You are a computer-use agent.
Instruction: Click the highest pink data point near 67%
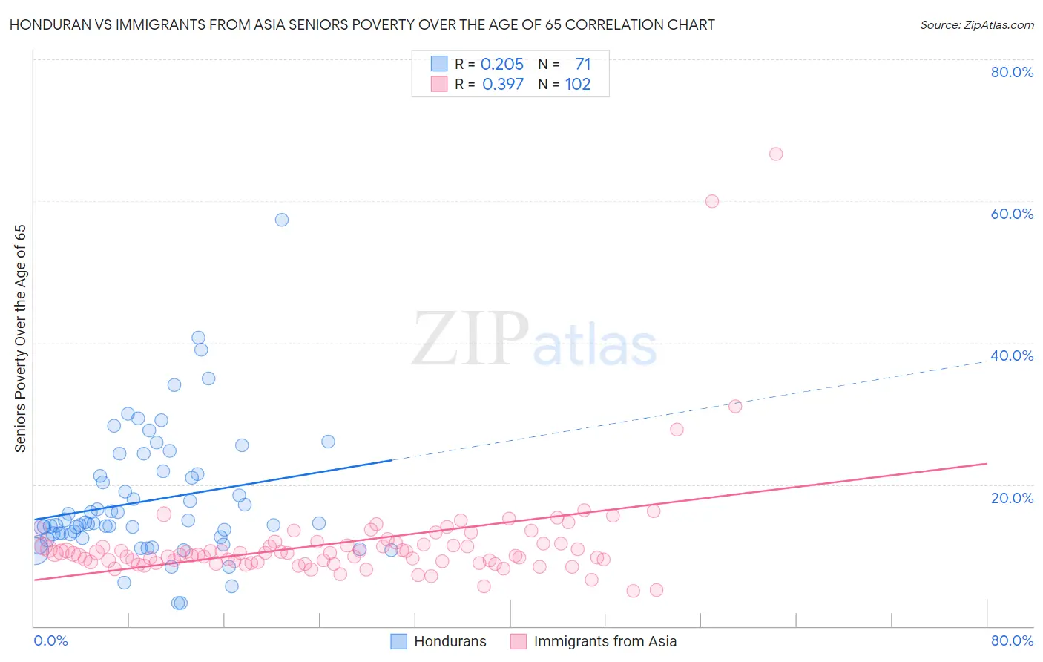(776, 154)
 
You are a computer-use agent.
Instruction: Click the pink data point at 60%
(712, 201)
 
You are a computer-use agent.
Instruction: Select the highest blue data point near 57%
(282, 220)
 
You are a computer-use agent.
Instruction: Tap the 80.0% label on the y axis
(1012, 72)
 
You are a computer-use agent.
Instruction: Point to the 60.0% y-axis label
(1012, 214)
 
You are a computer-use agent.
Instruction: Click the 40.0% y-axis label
(1012, 355)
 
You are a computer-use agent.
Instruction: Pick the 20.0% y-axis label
(1012, 498)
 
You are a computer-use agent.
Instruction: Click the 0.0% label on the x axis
(50, 640)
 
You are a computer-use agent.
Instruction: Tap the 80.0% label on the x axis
(1012, 640)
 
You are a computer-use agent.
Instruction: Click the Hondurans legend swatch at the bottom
(399, 641)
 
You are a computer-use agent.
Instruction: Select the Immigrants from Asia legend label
(605, 641)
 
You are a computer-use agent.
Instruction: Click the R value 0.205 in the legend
(502, 65)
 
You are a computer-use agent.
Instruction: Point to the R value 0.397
(503, 85)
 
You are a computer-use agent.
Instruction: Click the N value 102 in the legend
(578, 85)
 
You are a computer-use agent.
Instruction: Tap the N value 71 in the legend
(583, 65)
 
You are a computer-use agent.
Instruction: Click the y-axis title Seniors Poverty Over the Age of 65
(21, 338)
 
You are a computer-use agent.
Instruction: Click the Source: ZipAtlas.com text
(976, 25)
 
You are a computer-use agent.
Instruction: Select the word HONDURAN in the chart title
(48, 25)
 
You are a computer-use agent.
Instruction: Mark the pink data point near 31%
(735, 406)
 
